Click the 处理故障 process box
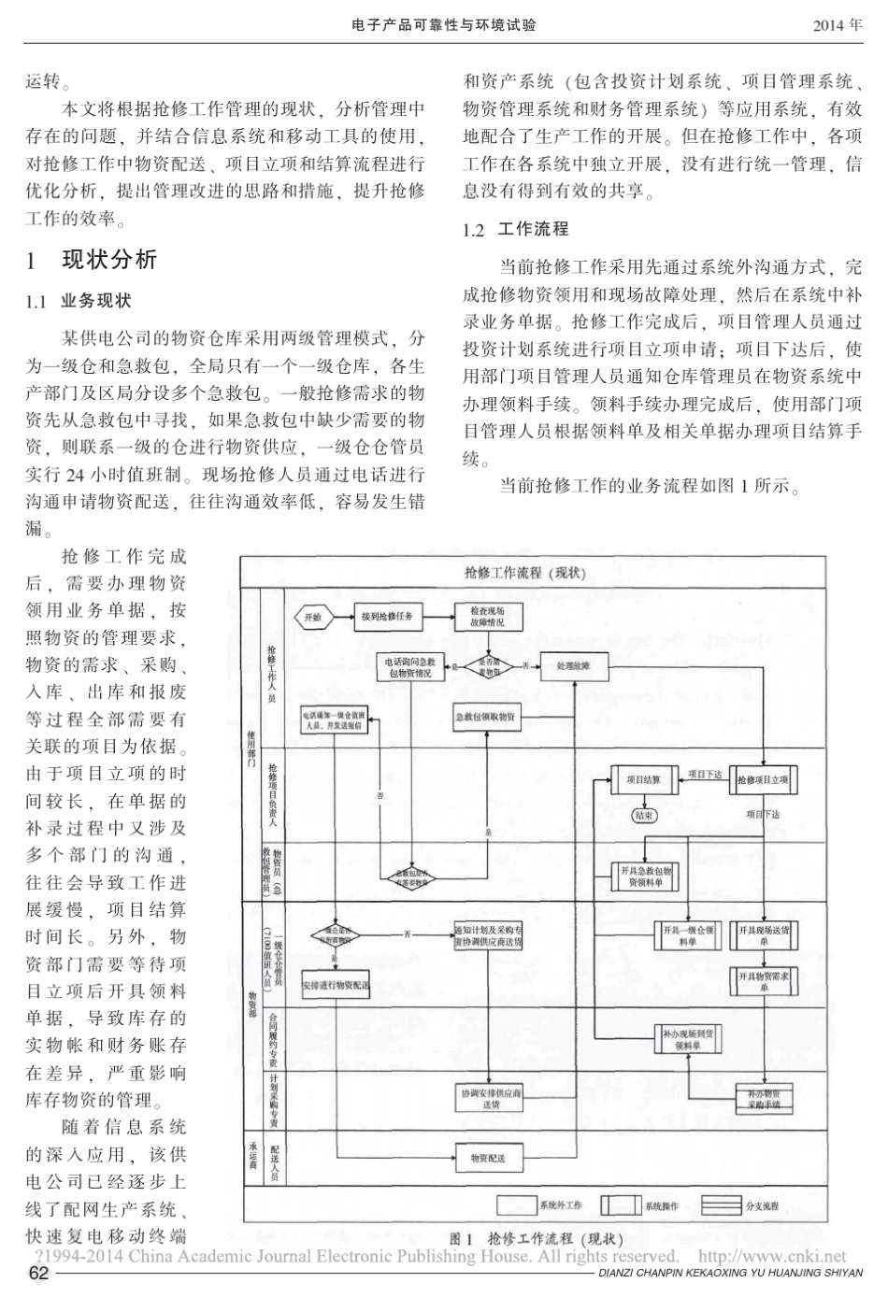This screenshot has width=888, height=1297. (573, 666)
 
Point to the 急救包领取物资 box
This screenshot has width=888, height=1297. (486, 718)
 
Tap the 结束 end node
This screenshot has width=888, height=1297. (645, 815)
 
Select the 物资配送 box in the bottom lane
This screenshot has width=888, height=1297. (486, 1159)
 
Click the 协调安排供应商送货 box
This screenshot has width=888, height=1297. (491, 1097)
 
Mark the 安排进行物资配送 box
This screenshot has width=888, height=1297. (336, 985)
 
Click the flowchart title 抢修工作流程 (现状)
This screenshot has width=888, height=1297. (524, 573)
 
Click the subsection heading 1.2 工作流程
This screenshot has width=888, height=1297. (516, 230)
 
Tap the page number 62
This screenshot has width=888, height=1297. (38, 1275)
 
